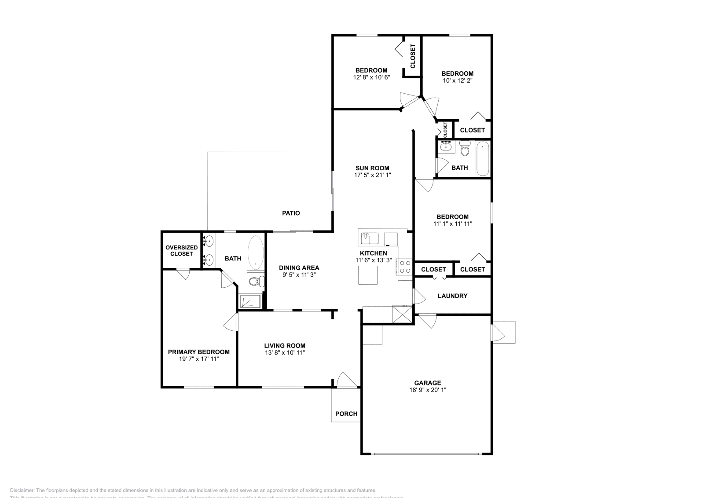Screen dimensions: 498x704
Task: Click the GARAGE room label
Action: pos(427,383)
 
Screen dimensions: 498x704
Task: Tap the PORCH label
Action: pos(346,414)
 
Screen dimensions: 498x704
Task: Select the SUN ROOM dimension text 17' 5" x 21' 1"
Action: pos(372,175)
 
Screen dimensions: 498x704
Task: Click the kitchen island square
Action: pos(367,276)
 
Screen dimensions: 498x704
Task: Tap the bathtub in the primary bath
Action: pos(255,253)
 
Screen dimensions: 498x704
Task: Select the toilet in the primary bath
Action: pos(256,281)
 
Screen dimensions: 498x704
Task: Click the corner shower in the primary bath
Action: pos(249,301)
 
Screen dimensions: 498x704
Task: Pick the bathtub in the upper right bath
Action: pos(482,158)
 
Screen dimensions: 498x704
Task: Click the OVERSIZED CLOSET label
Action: pos(181,251)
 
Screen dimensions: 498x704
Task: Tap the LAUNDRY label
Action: pos(452,296)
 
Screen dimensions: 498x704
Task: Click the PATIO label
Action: pos(291,213)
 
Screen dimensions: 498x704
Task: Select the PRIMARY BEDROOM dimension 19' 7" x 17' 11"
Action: pos(199,359)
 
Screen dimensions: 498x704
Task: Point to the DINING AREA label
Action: pos(299,267)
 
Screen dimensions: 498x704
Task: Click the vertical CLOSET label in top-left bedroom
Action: pos(413,57)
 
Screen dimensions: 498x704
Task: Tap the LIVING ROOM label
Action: pos(285,346)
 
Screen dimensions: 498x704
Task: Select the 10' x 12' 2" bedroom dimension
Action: pos(458,81)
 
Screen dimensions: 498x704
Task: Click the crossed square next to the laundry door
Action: pos(403,315)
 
